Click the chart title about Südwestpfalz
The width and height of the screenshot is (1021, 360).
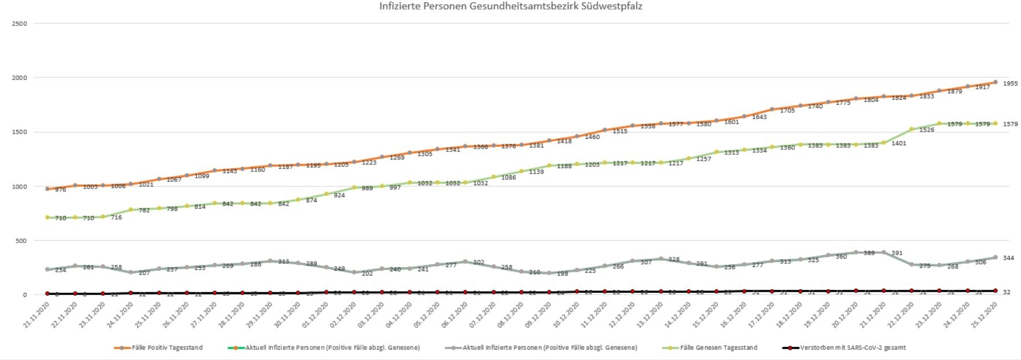[511, 6]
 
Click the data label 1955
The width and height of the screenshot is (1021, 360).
[1010, 84]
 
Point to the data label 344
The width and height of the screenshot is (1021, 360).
[1008, 258]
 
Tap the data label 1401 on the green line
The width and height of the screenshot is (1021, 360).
[899, 144]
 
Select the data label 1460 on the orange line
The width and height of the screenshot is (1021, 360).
[592, 137]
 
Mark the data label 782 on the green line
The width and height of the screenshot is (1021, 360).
[144, 211]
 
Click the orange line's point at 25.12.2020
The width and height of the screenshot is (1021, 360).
[995, 82]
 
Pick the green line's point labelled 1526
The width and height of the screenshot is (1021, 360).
[912, 129]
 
